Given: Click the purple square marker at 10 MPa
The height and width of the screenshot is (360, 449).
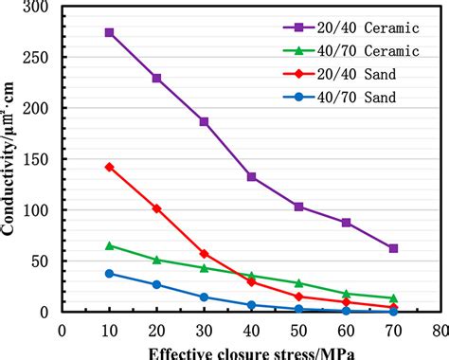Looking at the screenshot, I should click(110, 32).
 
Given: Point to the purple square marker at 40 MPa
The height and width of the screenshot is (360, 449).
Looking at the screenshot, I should click(252, 176).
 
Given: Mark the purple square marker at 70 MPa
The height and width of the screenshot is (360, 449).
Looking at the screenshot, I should click(393, 248).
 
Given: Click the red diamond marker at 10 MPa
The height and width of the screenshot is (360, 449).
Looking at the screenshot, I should click(110, 167).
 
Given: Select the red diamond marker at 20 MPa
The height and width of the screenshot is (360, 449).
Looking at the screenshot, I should click(157, 208).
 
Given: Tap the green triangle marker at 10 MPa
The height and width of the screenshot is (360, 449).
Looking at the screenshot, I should click(110, 245).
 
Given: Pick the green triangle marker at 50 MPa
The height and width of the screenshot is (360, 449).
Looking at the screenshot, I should click(298, 283).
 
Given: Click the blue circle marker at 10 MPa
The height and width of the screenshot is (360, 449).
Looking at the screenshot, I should click(110, 273).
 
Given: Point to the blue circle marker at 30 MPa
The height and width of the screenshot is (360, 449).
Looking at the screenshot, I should click(205, 297).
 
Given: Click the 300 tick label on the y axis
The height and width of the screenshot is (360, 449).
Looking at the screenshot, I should click(40, 7).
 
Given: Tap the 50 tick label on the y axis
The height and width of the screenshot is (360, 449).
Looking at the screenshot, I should click(44, 261).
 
